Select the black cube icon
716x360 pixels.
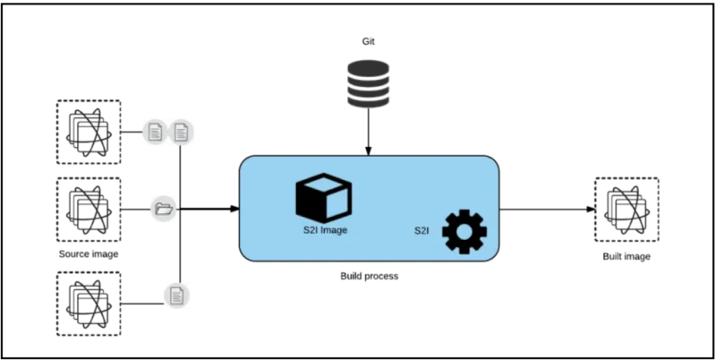(x=323, y=198)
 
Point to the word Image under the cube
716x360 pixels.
(x=333, y=231)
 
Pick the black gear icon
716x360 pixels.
(x=465, y=231)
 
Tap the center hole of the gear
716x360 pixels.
(x=465, y=231)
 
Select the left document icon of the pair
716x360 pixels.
(x=155, y=133)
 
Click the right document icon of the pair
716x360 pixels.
(x=182, y=133)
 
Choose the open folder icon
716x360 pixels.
(x=163, y=210)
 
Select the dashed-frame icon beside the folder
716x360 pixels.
(x=87, y=210)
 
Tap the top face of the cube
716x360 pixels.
(x=323, y=184)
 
